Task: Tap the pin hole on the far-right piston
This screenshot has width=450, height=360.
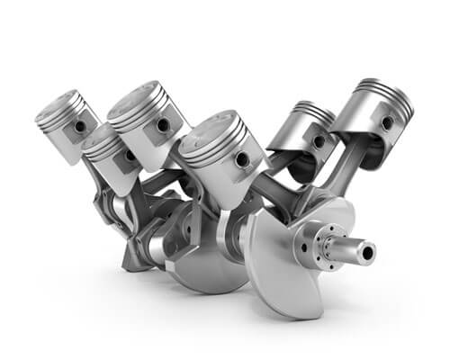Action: click(387, 121)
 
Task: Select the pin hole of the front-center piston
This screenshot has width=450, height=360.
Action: click(241, 159)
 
